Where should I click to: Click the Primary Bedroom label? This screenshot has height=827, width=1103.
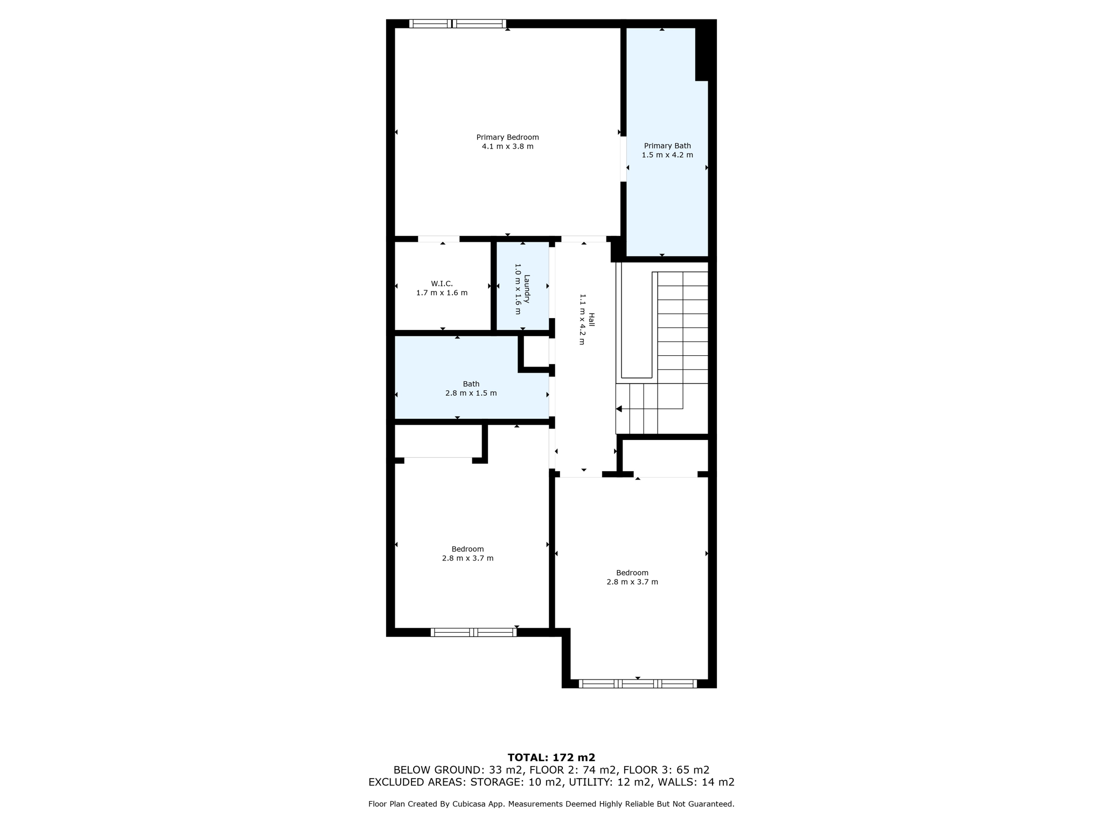[507, 137]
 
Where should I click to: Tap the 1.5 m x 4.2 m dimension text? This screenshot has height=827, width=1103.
[667, 155]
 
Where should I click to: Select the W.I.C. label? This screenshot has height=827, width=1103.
[442, 284]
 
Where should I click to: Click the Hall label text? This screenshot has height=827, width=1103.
[591, 320]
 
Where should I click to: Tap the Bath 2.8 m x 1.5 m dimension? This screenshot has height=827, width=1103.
[471, 393]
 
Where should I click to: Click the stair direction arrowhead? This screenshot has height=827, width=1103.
[619, 409]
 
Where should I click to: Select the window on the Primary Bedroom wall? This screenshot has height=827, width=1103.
[457, 24]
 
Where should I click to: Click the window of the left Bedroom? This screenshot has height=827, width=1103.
[473, 632]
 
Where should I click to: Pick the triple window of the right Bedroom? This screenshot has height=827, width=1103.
[638, 684]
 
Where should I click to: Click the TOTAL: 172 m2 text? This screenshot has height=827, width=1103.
[551, 758]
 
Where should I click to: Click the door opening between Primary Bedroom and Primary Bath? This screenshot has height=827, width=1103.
[623, 159]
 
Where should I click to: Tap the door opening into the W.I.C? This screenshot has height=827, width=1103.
[438, 239]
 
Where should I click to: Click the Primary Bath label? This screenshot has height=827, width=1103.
[667, 145]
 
